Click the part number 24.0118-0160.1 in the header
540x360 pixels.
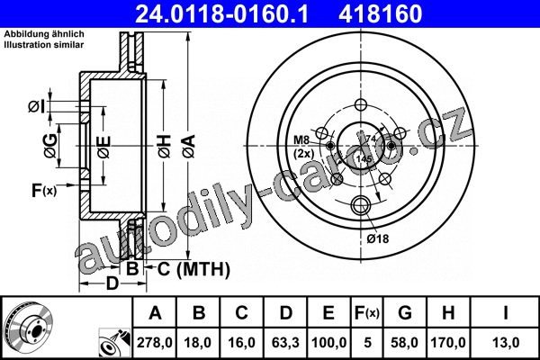pyautogui.click(x=221, y=13)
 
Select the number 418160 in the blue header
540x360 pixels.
pyautogui.click(x=381, y=13)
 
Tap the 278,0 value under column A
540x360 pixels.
pyautogui.click(x=155, y=343)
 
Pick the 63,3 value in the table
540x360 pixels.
pyautogui.click(x=285, y=343)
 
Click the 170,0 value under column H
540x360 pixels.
pyautogui.click(x=448, y=343)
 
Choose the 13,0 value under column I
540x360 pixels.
pyautogui.click(x=506, y=343)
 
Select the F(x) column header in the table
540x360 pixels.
pyautogui.click(x=367, y=313)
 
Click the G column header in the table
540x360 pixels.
pyautogui.click(x=405, y=313)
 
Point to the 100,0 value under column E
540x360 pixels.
pyautogui.click(x=328, y=343)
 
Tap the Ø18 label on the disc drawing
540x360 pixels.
pyautogui.click(x=377, y=238)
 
